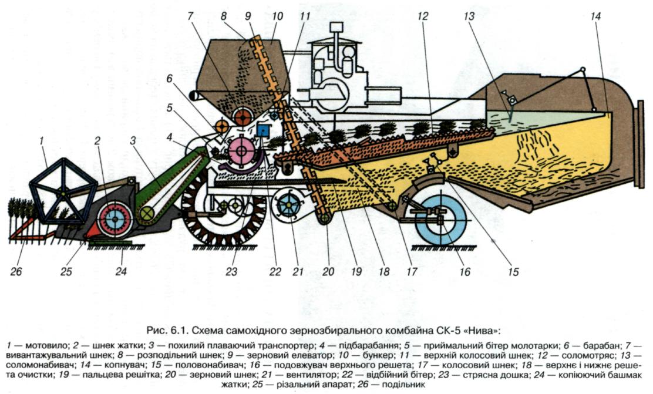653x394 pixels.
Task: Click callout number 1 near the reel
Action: point(42,142)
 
